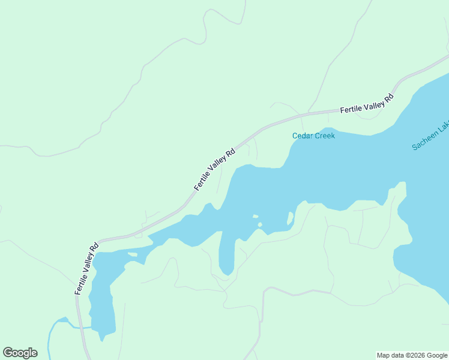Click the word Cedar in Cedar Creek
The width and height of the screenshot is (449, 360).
[303, 136]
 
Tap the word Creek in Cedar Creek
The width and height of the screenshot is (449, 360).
[324, 136]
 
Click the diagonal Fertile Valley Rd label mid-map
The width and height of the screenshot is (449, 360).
[214, 169]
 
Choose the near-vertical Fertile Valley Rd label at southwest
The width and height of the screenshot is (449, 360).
[86, 268]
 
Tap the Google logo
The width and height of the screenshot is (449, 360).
[20, 353]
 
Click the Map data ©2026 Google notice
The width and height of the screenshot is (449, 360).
[411, 355]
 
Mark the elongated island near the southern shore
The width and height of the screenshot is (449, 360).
[291, 218]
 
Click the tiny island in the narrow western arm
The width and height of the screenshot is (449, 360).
[133, 254]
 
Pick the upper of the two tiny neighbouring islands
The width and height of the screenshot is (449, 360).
[255, 217]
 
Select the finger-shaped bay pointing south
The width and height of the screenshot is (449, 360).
[226, 255]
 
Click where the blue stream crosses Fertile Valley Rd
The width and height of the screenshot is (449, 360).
[79, 328]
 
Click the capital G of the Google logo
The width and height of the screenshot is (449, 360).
[8, 353]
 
